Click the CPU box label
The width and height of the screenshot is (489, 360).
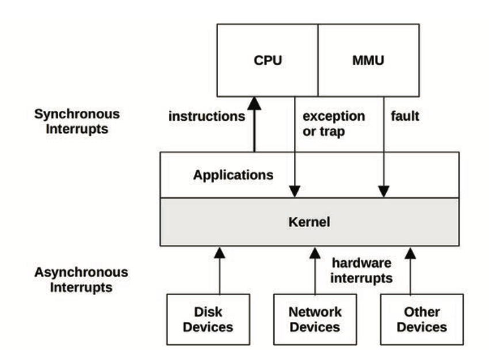[268, 60]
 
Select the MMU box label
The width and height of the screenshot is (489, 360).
[368, 60]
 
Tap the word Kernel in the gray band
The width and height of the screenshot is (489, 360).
[310, 221]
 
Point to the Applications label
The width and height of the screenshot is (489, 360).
[233, 174]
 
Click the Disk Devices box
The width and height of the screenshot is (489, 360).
[208, 320]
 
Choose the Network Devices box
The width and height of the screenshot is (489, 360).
[315, 320]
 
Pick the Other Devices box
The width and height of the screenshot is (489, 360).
[422, 320]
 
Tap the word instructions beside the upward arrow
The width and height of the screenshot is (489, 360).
[207, 117]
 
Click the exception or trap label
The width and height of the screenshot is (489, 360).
[334, 123]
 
